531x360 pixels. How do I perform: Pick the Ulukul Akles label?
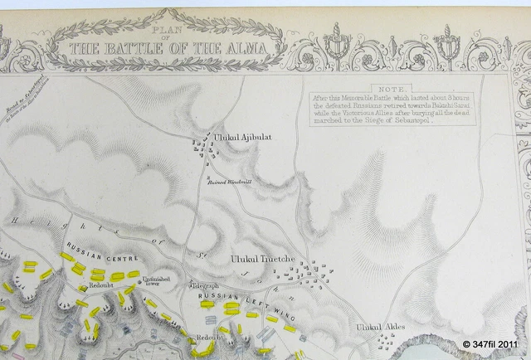[x=381, y=327]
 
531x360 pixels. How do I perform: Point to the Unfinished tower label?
[x=156, y=283]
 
